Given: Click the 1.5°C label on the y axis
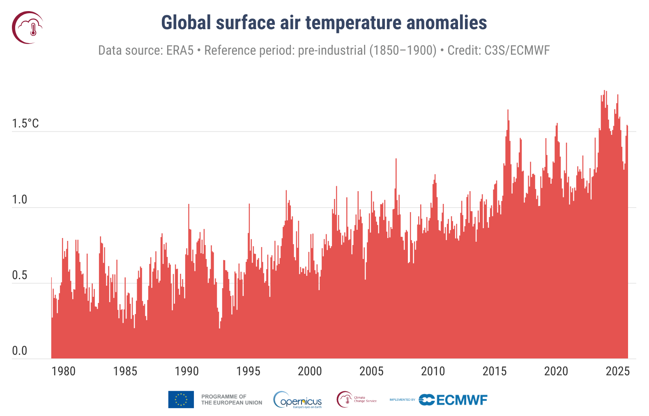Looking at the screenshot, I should point(25,123).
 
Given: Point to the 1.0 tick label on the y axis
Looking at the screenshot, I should point(19,200).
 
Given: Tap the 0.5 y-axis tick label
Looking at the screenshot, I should point(19,275).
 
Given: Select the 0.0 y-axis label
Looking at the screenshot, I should point(19,351).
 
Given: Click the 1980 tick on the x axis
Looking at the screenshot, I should point(64,371).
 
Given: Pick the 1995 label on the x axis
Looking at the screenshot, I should point(248,371).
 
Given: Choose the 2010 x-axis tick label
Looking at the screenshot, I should point(433,371).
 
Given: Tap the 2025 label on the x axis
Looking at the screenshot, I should point(617,371).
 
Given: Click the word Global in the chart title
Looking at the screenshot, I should point(186,23).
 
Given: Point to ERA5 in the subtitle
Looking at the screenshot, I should point(180,51).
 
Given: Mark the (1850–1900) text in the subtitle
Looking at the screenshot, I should point(403,51).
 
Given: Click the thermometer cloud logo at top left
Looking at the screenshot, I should point(28,28).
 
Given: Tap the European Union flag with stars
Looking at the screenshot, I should point(181,400).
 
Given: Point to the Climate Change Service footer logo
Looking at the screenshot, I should point(357,400).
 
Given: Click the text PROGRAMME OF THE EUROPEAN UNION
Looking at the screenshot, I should point(231,400).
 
